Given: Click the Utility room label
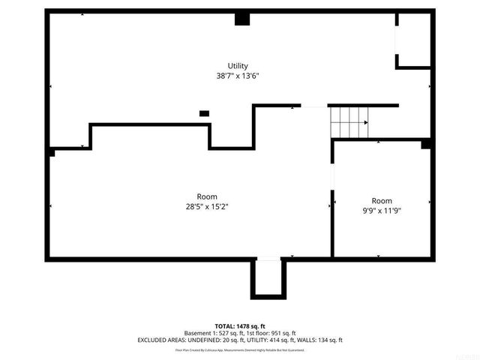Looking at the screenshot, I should point(238,66).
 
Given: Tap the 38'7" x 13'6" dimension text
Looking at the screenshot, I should point(238,76).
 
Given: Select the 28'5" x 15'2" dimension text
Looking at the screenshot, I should point(207,207).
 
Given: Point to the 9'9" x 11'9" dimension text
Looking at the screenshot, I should point(382,211).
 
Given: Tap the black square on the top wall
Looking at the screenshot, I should point(241,19).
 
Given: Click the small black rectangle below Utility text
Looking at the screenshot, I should point(204,113).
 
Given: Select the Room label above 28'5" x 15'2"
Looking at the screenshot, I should point(207,197).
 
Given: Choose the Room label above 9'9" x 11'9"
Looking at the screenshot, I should point(382,201).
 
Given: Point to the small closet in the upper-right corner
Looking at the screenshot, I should point(412,40).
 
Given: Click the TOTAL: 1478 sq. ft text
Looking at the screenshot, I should point(239,325).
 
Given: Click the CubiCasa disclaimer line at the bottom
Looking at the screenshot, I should point(239,349).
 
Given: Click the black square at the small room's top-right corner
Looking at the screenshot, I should point(425,144).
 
